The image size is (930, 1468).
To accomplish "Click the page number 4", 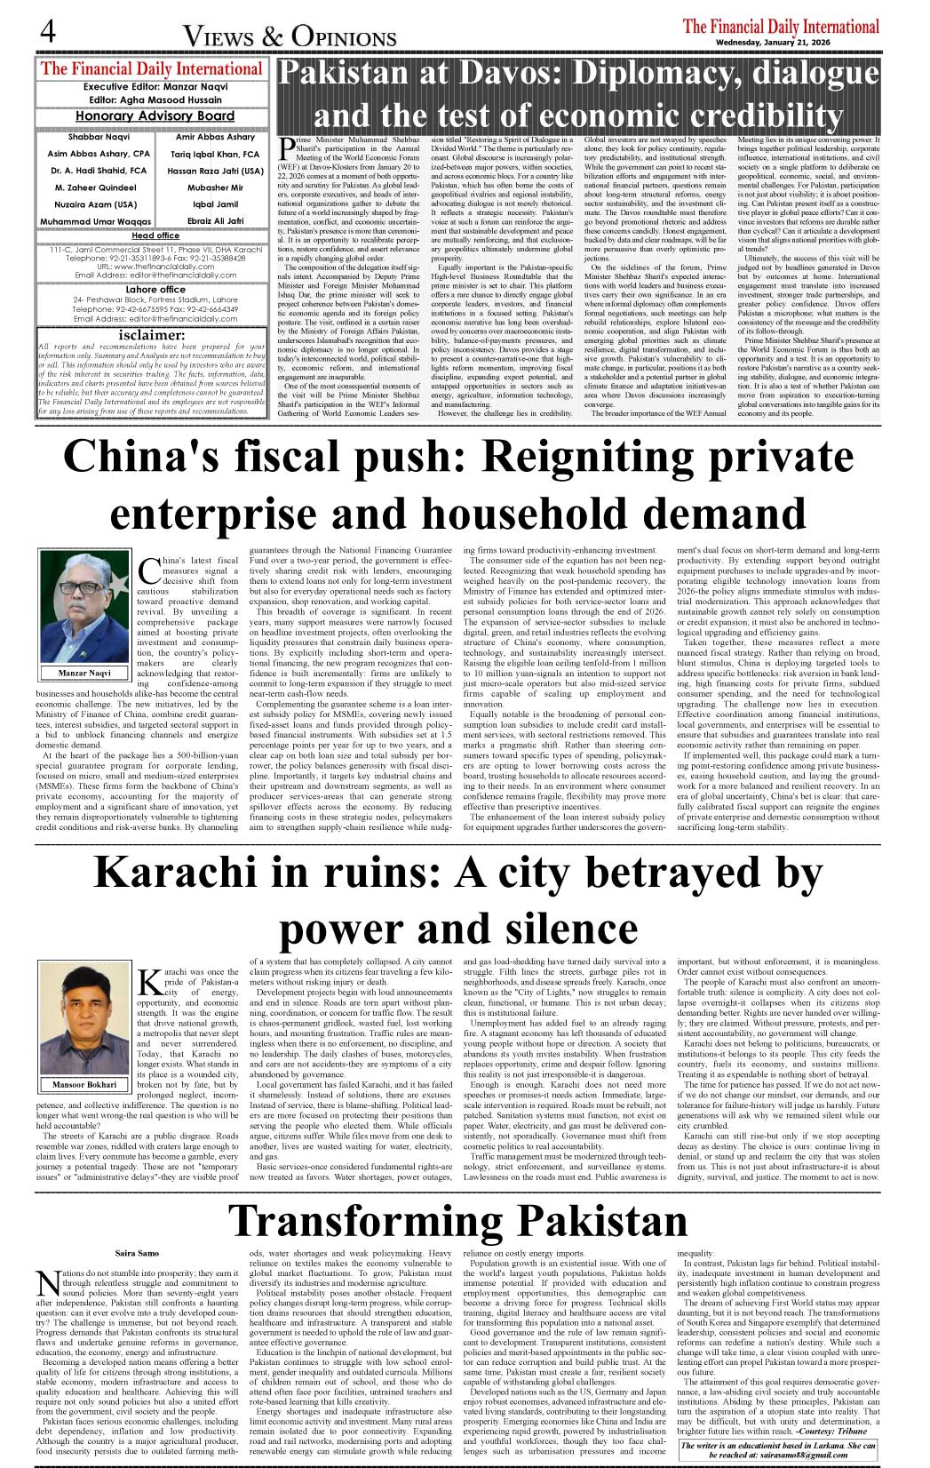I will (x=48, y=31).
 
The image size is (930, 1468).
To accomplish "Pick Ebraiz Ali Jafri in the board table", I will (x=215, y=220).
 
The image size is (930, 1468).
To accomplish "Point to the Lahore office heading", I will (x=155, y=290).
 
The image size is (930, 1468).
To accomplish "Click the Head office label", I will (x=155, y=235).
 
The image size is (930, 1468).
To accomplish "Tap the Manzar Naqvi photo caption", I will (x=84, y=673).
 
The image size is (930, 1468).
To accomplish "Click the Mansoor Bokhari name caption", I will (x=84, y=1084).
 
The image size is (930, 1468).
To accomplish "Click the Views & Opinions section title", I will (x=290, y=36).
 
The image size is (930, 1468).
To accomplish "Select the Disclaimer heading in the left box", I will (x=152, y=335).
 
